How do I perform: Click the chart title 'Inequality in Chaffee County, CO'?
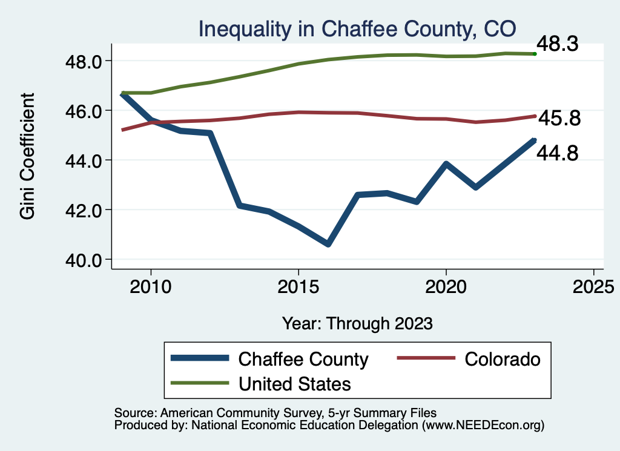[357, 28]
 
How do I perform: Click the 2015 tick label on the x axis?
[298, 286]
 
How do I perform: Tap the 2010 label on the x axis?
[151, 286]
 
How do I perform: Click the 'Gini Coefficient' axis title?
[28, 156]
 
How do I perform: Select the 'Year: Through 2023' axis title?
[357, 323]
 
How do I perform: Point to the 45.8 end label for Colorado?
[559, 119]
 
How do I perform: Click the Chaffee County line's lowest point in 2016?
[328, 244]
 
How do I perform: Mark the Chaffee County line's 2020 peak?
[446, 164]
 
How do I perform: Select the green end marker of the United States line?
[535, 54]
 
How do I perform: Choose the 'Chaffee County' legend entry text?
[303, 359]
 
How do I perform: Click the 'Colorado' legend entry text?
[502, 359]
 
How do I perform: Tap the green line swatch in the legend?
[200, 383]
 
